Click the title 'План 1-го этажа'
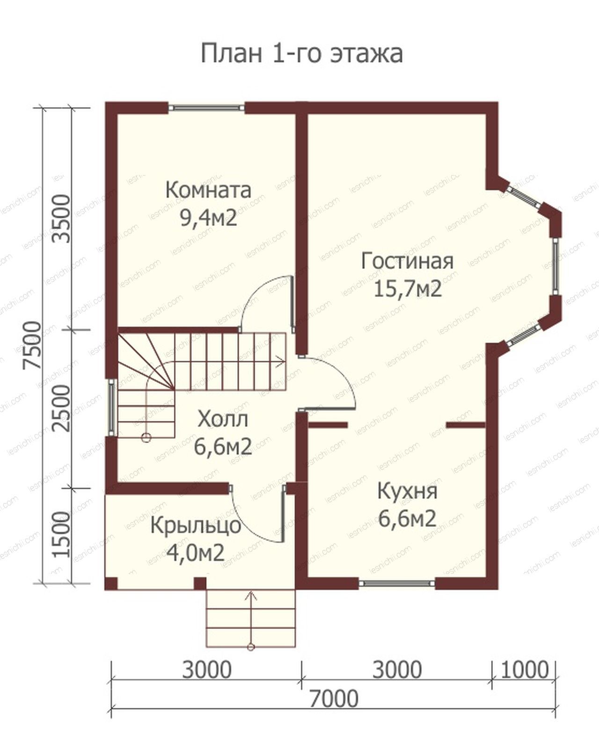[302, 54]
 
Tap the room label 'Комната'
[208, 190]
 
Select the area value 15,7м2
[408, 289]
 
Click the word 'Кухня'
[407, 491]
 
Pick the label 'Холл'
[223, 419]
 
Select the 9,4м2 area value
[209, 218]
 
